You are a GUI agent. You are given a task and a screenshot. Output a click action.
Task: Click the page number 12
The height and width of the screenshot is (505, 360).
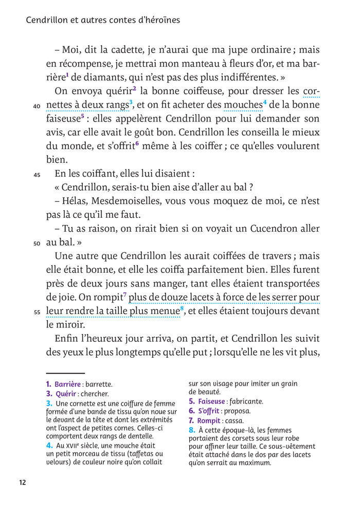pos(22,482)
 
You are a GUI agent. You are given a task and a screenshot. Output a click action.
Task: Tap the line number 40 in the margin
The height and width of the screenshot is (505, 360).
pos(37,107)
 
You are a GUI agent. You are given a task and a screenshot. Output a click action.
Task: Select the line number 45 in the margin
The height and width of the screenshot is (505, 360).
pos(37,175)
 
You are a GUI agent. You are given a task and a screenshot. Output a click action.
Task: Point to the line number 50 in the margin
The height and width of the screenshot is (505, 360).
pos(37,243)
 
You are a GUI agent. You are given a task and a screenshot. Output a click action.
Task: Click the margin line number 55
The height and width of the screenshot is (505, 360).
pos(37,311)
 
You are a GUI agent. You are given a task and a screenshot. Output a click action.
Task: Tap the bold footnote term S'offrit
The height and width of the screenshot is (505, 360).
pos(209,411)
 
